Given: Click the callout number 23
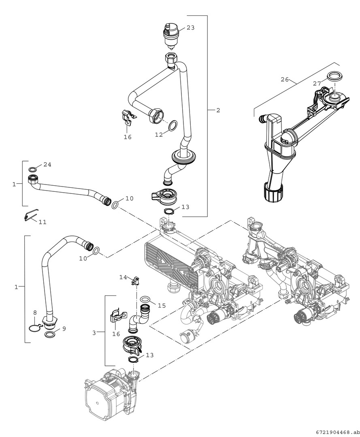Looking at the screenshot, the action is [x=190, y=28].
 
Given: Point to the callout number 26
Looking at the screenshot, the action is [x=284, y=79].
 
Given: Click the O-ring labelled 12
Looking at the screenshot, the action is [x=173, y=125].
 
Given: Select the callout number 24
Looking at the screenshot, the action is [x=47, y=164].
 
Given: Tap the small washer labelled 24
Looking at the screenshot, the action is [x=33, y=169].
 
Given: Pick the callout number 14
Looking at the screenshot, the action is [x=123, y=277].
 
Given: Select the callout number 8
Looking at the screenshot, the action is [x=34, y=313].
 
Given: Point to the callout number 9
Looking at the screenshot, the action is [x=64, y=329].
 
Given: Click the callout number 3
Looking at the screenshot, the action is [x=94, y=333].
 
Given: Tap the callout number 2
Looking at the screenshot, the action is [x=218, y=110].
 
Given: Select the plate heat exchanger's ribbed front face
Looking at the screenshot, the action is [x=170, y=261].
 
